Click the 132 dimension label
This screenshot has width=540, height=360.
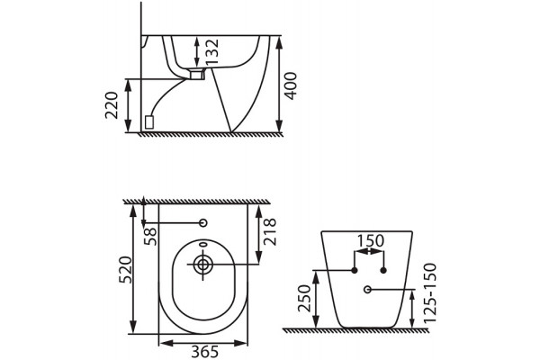tap(211, 51)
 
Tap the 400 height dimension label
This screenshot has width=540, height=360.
tap(291, 86)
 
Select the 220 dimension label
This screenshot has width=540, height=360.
tap(112, 105)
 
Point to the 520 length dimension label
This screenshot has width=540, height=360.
tap(125, 270)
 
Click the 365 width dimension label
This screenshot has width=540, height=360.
tap(205, 352)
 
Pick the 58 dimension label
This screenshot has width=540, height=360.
tap(150, 236)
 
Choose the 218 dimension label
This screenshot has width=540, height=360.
tap(270, 231)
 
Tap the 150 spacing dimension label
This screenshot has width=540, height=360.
tap(370, 241)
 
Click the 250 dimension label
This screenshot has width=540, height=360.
tap(304, 298)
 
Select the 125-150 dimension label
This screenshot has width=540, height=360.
tap(430, 292)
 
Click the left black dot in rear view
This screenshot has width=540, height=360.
tap(355, 270)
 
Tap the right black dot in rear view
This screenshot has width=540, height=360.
tap(383, 270)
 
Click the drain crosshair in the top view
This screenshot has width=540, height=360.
tap(202, 265)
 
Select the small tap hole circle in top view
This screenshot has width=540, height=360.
tap(203, 223)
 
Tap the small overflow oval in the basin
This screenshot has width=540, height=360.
tap(202, 245)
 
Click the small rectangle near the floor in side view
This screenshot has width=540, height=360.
tap(149, 122)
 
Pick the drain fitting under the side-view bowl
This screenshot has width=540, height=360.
tap(197, 74)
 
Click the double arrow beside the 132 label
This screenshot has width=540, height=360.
tap(197, 51)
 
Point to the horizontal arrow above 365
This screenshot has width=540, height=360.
tap(203, 343)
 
